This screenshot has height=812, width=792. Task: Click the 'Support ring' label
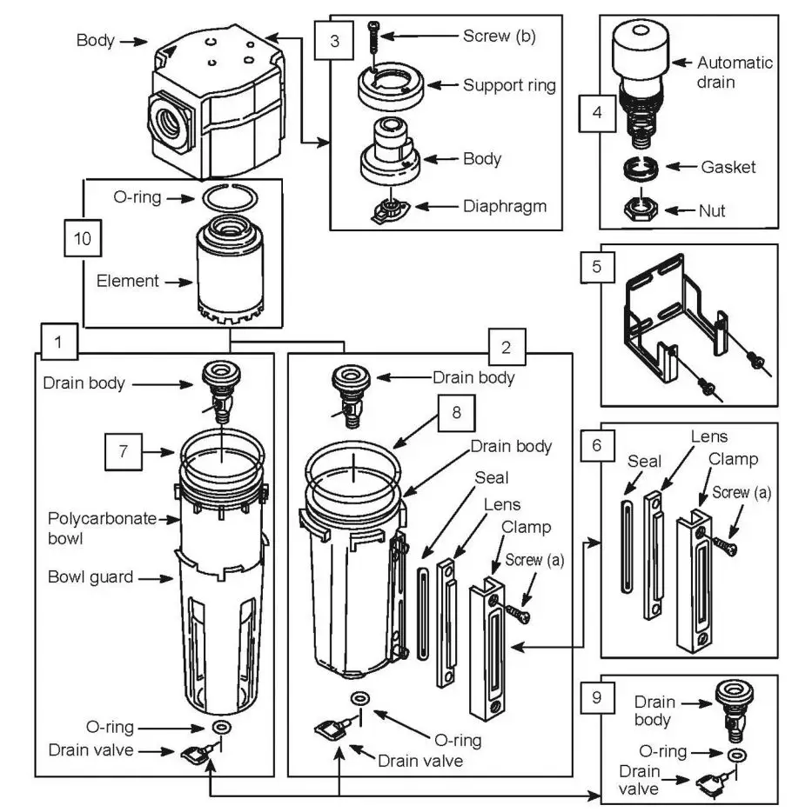point(509,85)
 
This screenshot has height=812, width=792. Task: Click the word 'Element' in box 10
point(128,281)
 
